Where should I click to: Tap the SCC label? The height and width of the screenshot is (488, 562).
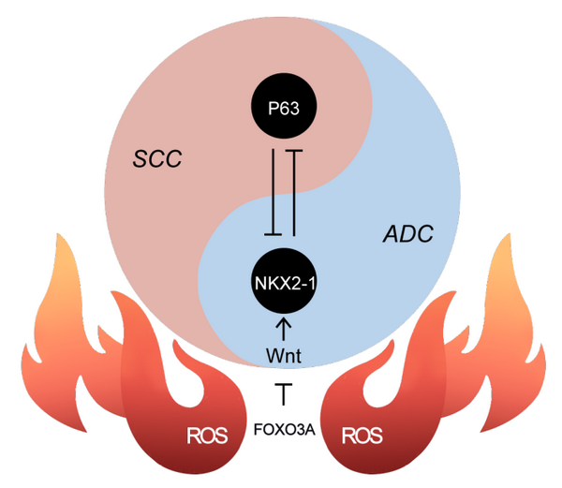point(155,159)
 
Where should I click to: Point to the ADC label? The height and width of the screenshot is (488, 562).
point(408,234)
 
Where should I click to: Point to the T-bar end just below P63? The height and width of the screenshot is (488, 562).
point(295,150)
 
